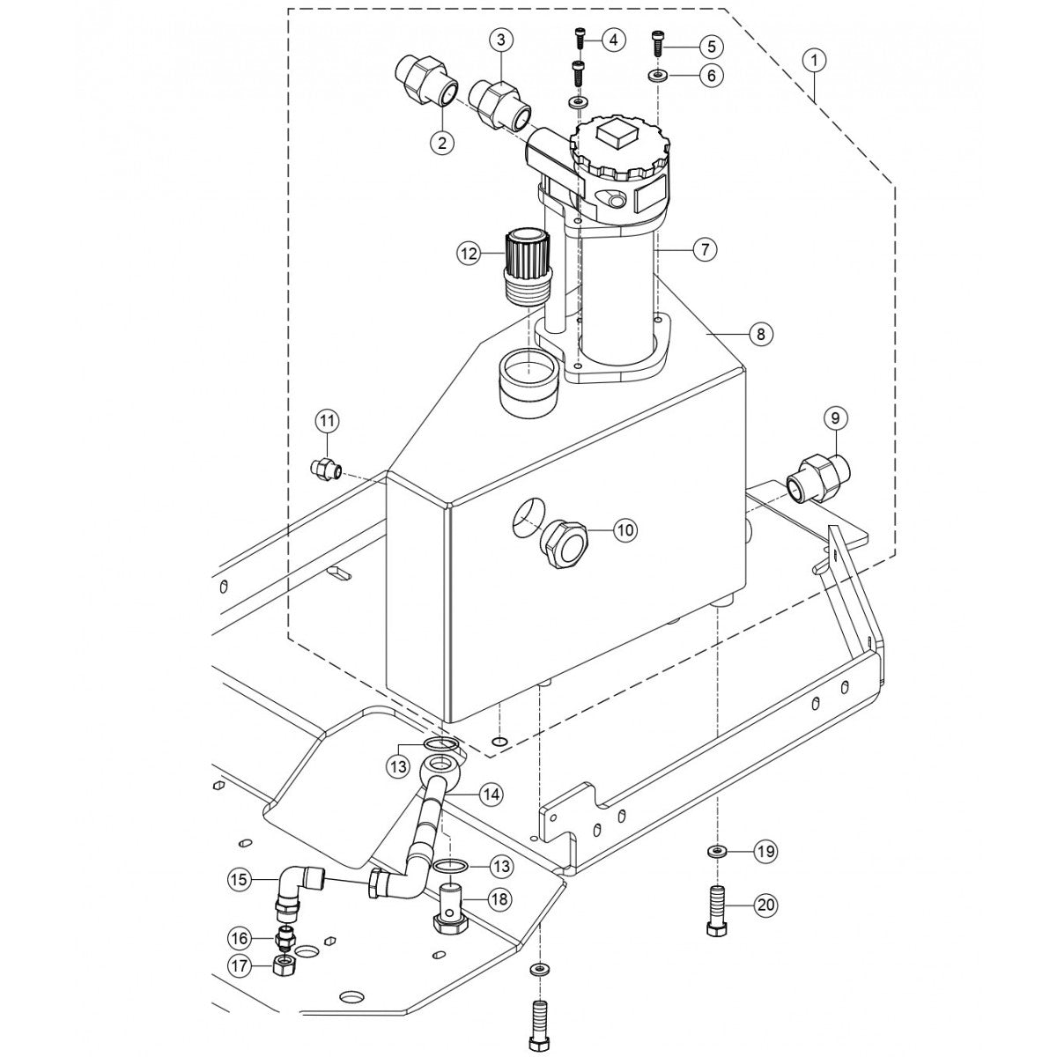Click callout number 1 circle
816,60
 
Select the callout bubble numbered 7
704,250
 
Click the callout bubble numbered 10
625,530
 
